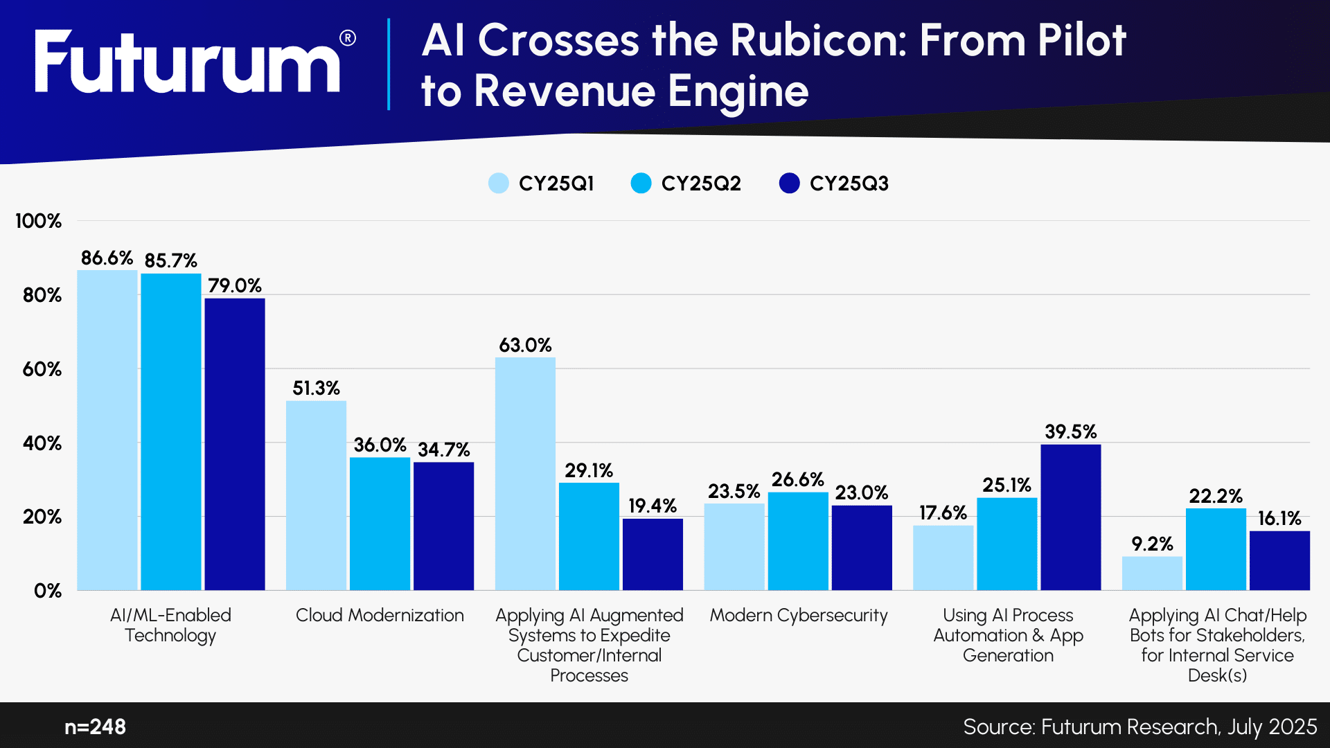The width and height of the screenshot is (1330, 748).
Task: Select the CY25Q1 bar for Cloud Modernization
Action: point(316,495)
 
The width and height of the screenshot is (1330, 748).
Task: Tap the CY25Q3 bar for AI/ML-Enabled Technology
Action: point(234,443)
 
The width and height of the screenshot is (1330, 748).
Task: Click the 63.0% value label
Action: point(525,345)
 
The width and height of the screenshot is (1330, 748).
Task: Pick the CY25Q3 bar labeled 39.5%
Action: point(1070,517)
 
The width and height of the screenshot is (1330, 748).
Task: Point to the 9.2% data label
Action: point(1152,544)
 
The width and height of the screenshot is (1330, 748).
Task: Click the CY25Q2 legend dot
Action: point(641,184)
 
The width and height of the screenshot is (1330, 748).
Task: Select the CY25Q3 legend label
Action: point(849,184)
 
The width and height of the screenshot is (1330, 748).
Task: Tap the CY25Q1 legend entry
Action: point(542,184)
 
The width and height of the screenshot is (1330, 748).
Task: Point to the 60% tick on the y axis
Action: point(42,369)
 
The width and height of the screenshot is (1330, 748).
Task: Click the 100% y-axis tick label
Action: point(39,221)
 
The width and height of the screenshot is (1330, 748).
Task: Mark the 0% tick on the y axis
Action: point(47,591)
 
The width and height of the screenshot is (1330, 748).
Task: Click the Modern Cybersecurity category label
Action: point(798,615)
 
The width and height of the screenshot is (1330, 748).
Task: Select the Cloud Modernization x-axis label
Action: point(380,615)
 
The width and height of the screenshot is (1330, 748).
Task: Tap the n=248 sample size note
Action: point(95,727)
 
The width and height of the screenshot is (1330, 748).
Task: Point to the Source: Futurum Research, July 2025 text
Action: point(1140,727)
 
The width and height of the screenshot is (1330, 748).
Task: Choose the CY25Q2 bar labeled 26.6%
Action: point(798,541)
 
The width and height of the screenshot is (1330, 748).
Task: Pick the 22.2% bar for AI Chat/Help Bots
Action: point(1216,549)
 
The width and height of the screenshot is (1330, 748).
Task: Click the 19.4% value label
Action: point(652,506)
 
